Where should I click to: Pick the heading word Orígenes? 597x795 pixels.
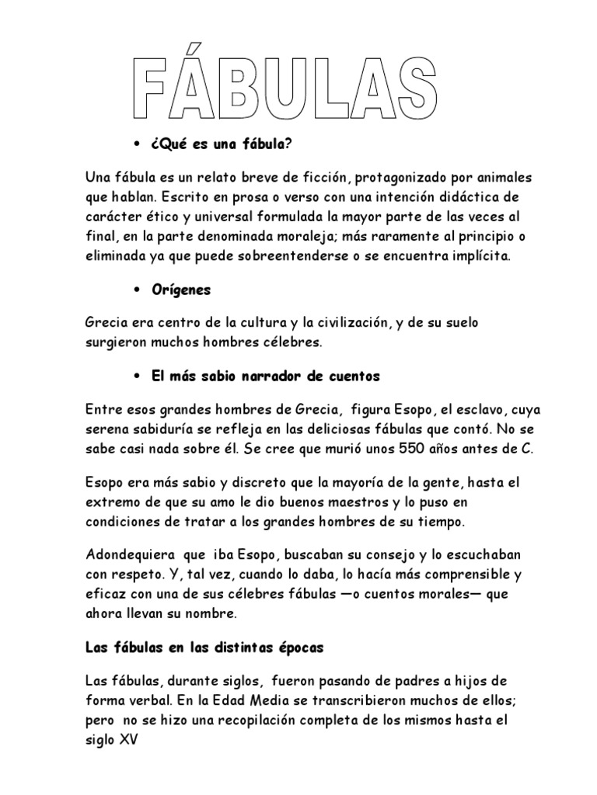click(x=181, y=290)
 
